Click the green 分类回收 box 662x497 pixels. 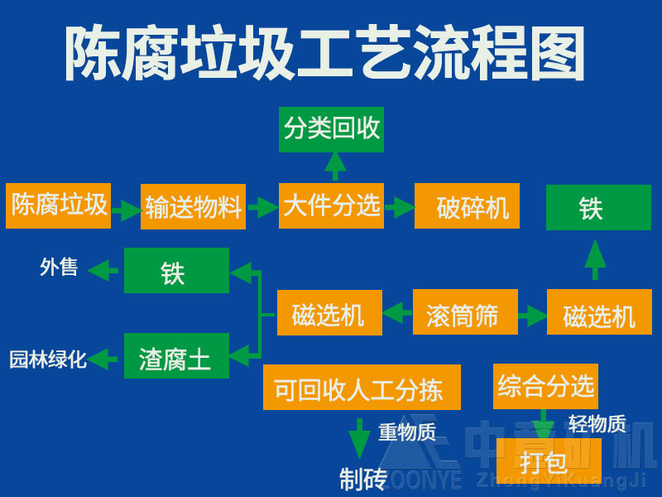[x=331, y=129]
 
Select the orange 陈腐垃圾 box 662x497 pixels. [x=59, y=205]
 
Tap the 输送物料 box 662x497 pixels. [x=193, y=206]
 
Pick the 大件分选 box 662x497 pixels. [x=331, y=205]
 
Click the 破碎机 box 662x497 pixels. [x=467, y=206]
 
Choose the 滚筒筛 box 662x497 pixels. [x=465, y=312]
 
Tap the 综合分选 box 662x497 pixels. [x=545, y=386]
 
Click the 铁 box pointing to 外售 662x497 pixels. [x=176, y=271]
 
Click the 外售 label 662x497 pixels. [x=59, y=268]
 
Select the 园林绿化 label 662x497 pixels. [x=48, y=360]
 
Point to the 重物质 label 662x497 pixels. [x=407, y=432]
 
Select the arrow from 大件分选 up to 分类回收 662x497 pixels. [x=334, y=166]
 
